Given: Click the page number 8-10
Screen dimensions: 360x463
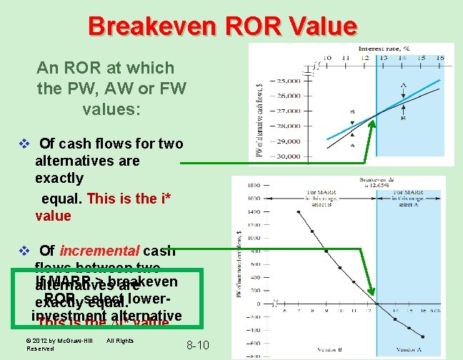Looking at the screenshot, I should click(197, 346).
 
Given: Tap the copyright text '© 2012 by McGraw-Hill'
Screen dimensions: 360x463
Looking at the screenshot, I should click(59, 341).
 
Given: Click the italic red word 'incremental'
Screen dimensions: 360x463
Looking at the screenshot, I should click(100, 251).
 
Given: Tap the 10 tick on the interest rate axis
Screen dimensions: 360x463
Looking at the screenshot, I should click(326, 58).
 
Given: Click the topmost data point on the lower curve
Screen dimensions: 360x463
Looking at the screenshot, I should click(297, 212).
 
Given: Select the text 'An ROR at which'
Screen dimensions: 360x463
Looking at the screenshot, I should click(105, 68).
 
